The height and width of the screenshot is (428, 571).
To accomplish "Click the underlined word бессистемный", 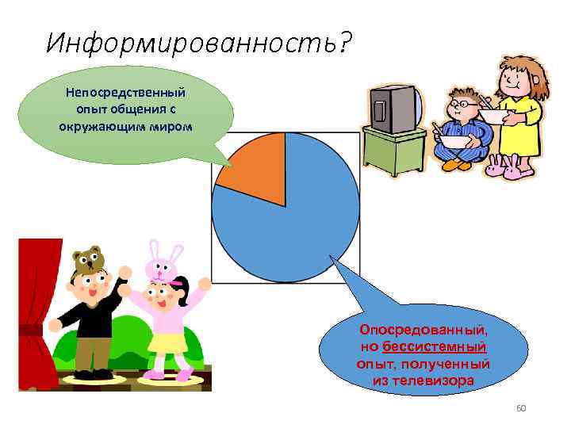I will (434, 347).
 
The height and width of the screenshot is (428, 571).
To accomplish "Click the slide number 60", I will (521, 408).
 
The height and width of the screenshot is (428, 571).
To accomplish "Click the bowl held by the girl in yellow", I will (493, 116).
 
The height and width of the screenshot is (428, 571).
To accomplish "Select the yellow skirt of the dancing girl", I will (168, 342).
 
